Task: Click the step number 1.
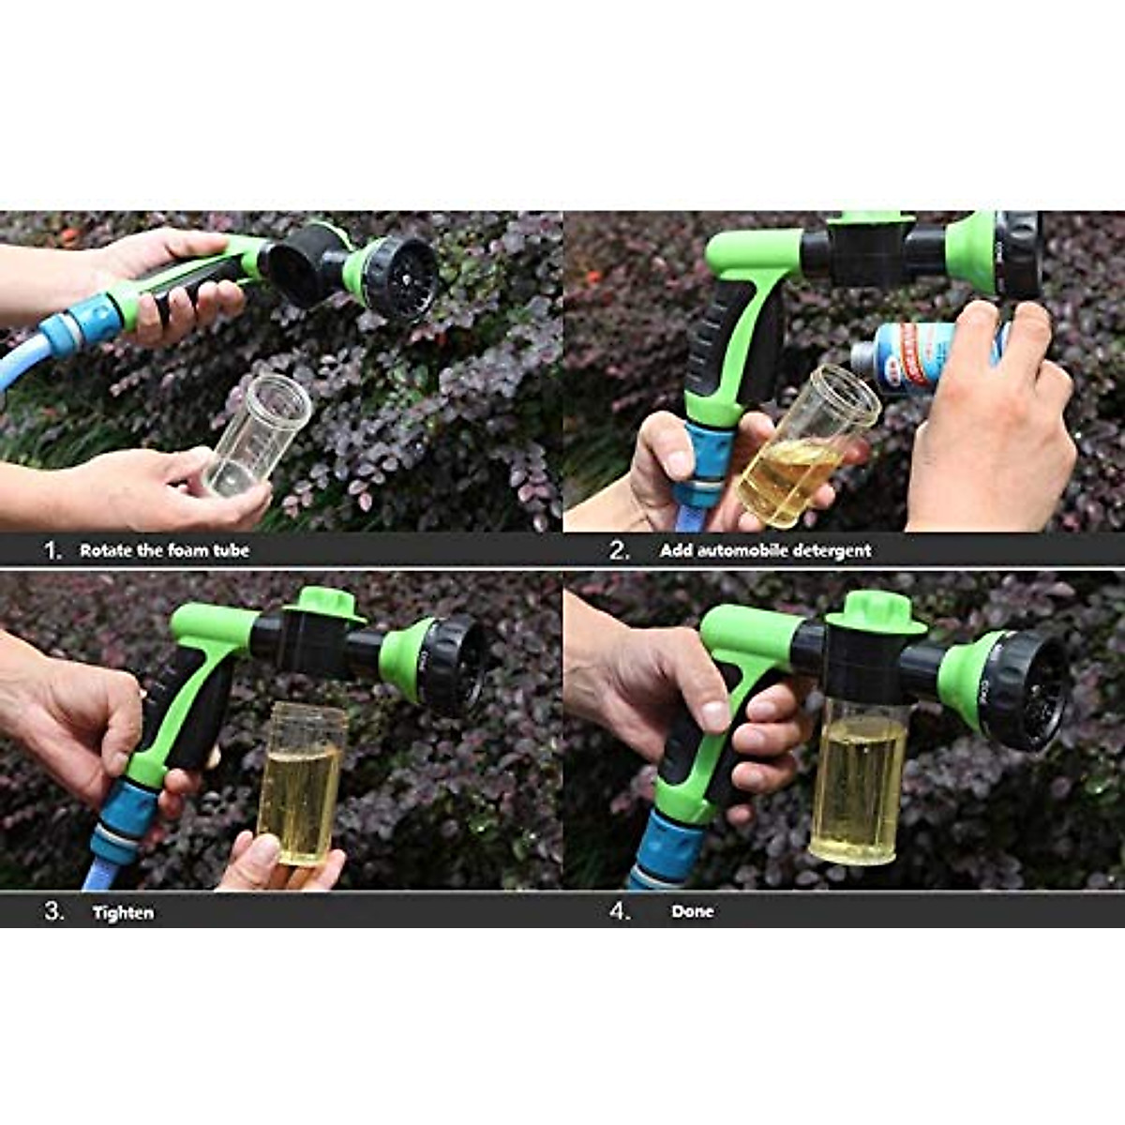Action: point(52,550)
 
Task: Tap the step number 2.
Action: point(619,550)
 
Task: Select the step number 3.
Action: point(53,911)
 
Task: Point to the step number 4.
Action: point(620,911)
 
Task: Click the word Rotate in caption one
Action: point(105,550)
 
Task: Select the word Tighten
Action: point(123,912)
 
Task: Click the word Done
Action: point(692,911)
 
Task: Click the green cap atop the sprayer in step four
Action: point(876,611)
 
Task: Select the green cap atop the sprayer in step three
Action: point(324,605)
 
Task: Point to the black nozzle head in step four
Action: point(1027,691)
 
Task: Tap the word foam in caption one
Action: point(187,550)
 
